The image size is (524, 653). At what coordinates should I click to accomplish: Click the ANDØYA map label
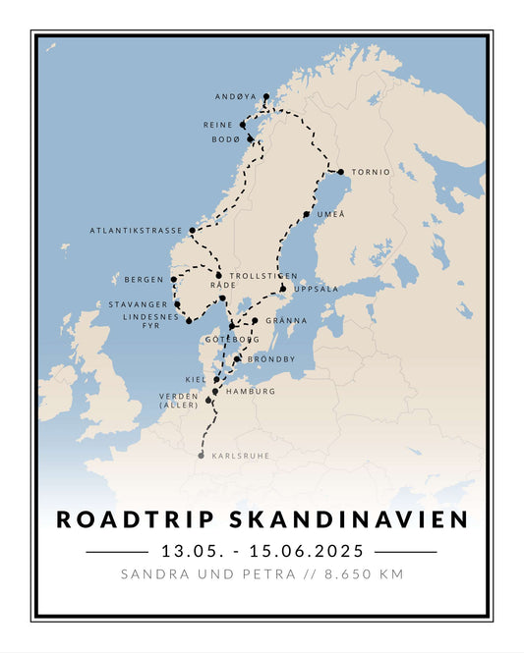click(x=235, y=97)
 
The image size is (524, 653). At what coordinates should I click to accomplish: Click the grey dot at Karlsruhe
click(x=202, y=456)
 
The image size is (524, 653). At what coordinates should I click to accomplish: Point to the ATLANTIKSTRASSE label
click(x=136, y=231)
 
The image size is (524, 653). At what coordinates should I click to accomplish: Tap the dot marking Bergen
click(x=174, y=279)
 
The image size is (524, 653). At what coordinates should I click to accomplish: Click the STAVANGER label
click(x=138, y=304)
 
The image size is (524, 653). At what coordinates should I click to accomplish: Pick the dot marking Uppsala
click(x=282, y=289)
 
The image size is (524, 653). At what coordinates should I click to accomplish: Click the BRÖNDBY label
click(x=270, y=359)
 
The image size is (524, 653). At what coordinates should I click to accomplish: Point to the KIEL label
click(x=196, y=379)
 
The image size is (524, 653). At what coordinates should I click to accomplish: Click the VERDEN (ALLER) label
click(x=179, y=400)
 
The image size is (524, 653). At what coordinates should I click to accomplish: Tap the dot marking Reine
click(x=242, y=126)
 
